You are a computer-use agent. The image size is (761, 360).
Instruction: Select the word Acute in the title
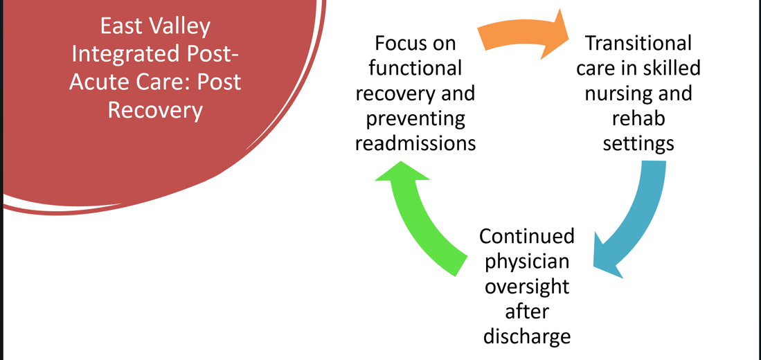click(94, 82)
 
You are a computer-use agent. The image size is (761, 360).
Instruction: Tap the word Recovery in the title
click(155, 110)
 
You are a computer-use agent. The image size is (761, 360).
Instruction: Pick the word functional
click(415, 69)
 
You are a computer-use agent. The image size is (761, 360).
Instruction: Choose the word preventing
click(415, 119)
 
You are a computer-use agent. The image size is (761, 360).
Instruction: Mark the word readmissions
click(415, 144)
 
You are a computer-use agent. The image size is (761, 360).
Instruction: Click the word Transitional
click(638, 43)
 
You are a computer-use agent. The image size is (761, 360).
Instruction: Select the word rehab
click(638, 119)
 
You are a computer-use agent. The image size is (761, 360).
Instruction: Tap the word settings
click(638, 144)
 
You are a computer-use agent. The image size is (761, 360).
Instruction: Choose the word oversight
click(527, 287)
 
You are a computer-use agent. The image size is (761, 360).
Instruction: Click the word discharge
click(527, 337)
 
